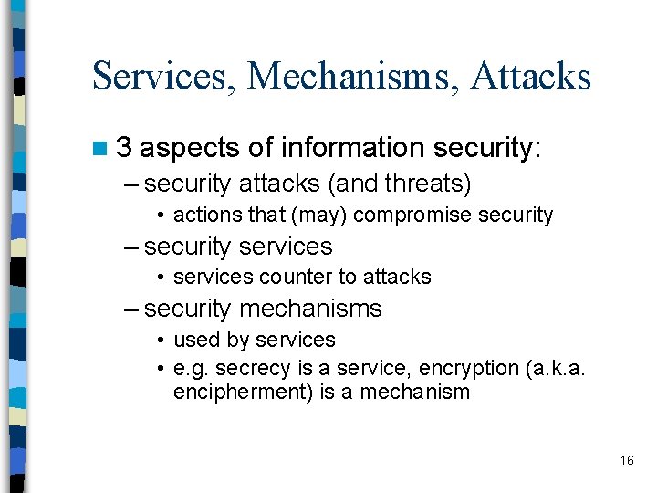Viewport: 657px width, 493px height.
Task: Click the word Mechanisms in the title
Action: [x=351, y=77]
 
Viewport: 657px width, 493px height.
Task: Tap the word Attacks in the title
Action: [x=531, y=77]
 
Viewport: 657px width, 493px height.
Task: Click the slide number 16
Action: [x=626, y=460]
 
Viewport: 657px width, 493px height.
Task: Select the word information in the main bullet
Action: [x=353, y=148]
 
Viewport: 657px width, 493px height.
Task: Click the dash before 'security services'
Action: [x=132, y=246]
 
